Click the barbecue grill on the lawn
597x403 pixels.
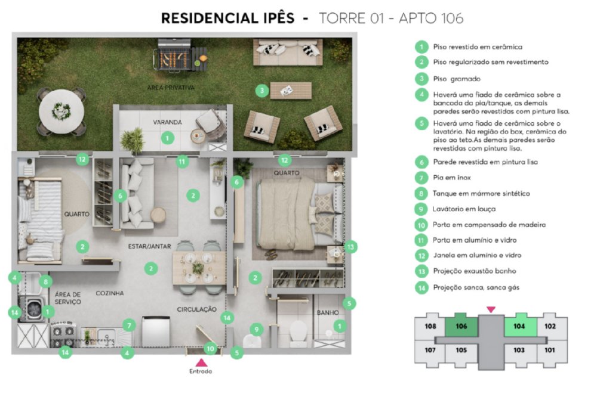pos(180,57)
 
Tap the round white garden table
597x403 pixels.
pos(61,111)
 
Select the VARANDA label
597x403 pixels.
pos(167,122)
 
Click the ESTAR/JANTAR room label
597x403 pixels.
pos(150,246)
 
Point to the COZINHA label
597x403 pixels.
pos(110,293)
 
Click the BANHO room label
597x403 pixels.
pos(327,312)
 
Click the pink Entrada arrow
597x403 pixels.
pos(201,362)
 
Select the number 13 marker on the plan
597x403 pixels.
pos(350,247)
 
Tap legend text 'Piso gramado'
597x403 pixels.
pos(457,79)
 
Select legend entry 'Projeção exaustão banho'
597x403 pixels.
pos(475,271)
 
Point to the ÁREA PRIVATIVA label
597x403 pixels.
pos(171,88)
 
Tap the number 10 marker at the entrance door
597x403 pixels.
pos(210,348)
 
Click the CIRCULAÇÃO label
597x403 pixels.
pos(196,309)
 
